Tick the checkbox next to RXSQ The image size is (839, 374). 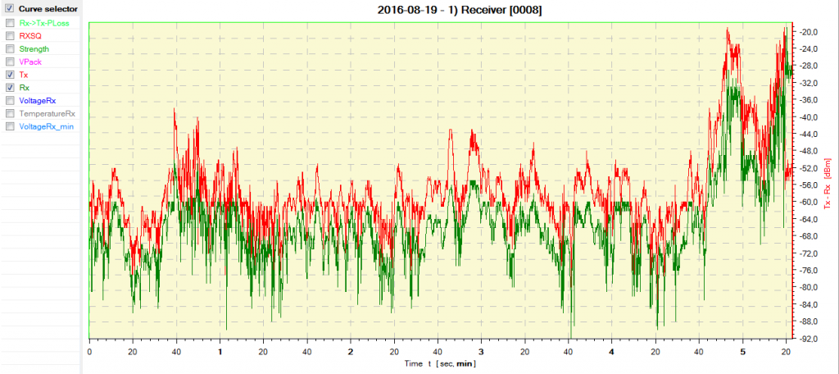click(10, 36)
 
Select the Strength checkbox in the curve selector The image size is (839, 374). click(10, 49)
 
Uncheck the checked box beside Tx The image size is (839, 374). click(10, 75)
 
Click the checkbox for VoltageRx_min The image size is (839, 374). click(10, 127)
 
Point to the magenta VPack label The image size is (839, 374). click(29, 62)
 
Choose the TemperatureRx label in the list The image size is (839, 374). click(48, 114)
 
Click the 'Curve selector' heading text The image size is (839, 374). click(48, 9)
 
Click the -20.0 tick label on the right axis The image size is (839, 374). click(810, 32)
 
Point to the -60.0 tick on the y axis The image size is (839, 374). click(810, 202)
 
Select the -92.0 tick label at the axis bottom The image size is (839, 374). click(810, 338)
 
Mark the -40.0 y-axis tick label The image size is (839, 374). click(810, 117)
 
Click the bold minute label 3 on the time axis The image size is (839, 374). click(481, 351)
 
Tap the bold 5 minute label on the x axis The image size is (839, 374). click(742, 351)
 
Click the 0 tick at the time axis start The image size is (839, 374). click(88, 351)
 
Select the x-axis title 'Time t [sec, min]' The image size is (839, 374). click(440, 363)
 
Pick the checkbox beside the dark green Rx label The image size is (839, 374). click(10, 88)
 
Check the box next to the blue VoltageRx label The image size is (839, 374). click(10, 101)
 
